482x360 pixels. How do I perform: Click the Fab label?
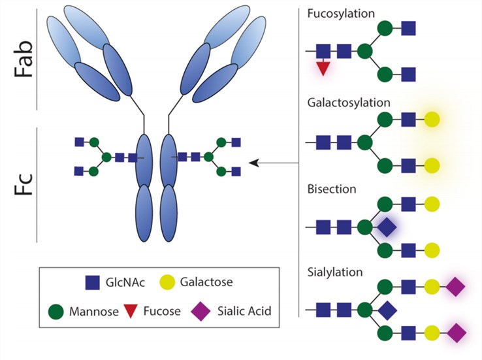click(24, 59)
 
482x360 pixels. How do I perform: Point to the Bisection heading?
click(331, 189)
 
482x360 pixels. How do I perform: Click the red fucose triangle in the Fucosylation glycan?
click(323, 67)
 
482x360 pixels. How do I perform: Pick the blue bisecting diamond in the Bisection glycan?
click(387, 227)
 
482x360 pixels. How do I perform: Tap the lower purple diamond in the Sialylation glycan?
click(455, 333)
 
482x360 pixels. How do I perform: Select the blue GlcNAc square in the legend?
click(93, 282)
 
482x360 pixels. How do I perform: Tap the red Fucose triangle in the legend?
click(133, 312)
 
